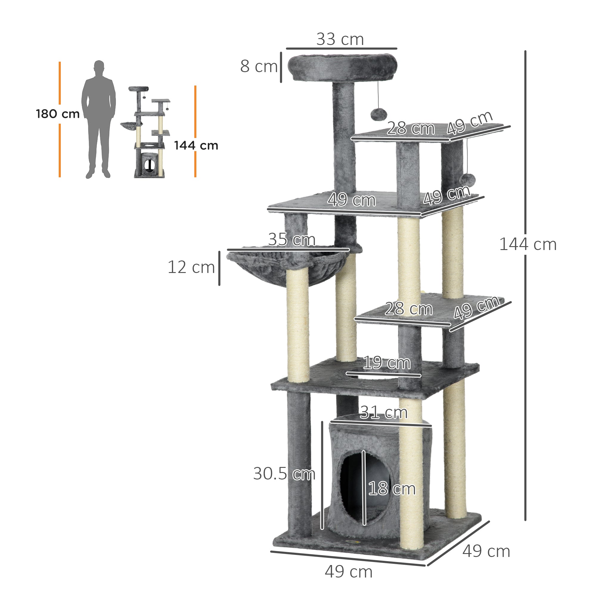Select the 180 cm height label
coord(58,114)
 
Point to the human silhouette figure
coord(98,119)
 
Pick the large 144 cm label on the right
coord(528,244)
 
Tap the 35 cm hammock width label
coord(291,239)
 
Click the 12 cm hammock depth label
coord(191,267)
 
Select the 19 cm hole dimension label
coord(387,362)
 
